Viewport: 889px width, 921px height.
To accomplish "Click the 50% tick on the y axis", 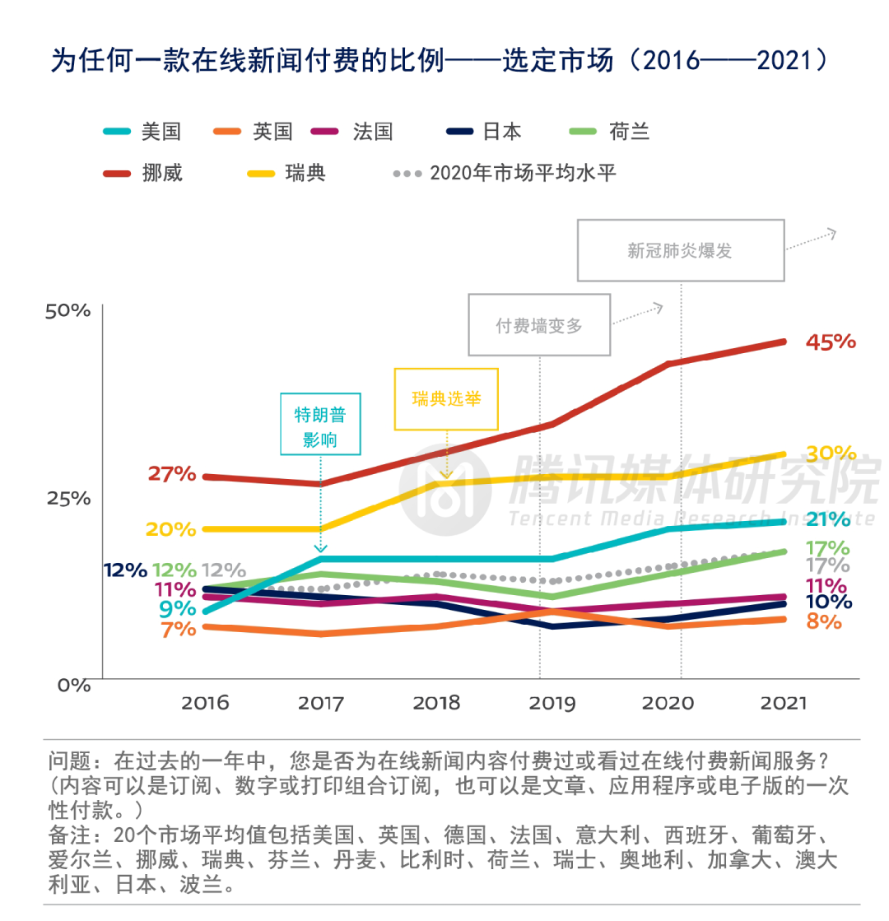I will coord(68,310).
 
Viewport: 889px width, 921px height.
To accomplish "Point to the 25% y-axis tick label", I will coord(68,497).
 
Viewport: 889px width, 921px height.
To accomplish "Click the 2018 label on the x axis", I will coord(436,704).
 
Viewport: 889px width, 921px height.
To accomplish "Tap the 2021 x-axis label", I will coord(784,704).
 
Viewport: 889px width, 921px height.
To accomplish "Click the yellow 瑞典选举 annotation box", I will coord(446,399).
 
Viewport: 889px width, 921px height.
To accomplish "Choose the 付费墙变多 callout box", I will coord(539,325).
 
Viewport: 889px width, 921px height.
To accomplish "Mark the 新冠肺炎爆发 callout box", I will coord(680,250).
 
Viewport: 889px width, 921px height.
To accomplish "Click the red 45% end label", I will coord(830,342).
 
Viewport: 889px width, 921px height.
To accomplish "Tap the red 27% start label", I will coord(172,474).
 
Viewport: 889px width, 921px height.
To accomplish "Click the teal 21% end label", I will coord(827,519).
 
